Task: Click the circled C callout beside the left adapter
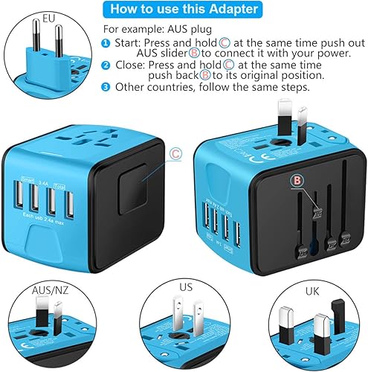[x=175, y=154]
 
